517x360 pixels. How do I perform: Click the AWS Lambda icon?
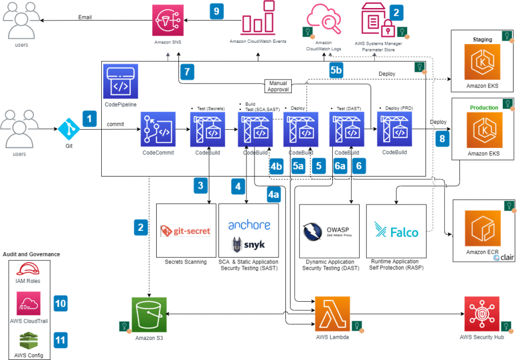point(332,314)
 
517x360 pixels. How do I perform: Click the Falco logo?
point(396,232)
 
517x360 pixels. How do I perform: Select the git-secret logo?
point(185,231)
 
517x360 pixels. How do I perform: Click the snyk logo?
point(248,245)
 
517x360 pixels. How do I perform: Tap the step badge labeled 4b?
point(276,166)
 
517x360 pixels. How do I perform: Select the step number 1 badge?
point(90,118)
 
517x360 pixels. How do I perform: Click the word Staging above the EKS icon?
point(483,40)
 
